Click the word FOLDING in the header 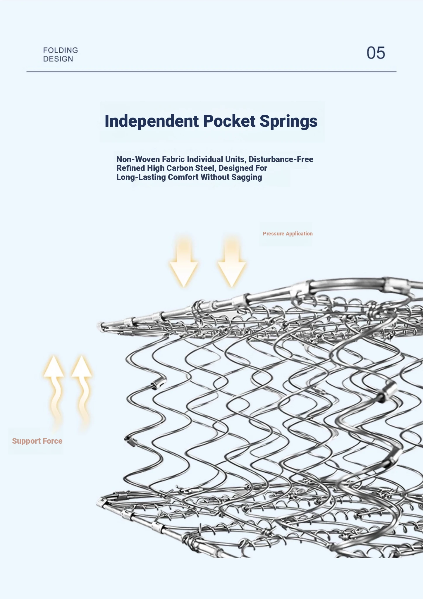tap(61, 50)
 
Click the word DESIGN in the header tap(58, 59)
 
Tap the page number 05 tap(376, 53)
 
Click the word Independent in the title tap(152, 121)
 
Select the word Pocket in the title tap(229, 121)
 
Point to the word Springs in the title tap(288, 121)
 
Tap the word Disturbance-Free tap(281, 159)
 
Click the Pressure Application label tap(288, 234)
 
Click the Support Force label tap(37, 441)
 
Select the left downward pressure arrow tap(184, 262)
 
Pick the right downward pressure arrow tap(232, 262)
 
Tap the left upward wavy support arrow tap(54, 392)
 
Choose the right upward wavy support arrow tap(82, 392)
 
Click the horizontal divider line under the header tap(211, 71)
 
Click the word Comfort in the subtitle tap(183, 177)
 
